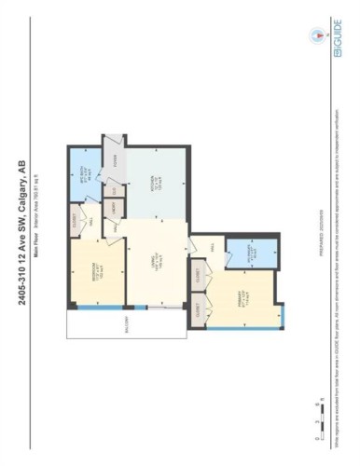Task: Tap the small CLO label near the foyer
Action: pos(116,191)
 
